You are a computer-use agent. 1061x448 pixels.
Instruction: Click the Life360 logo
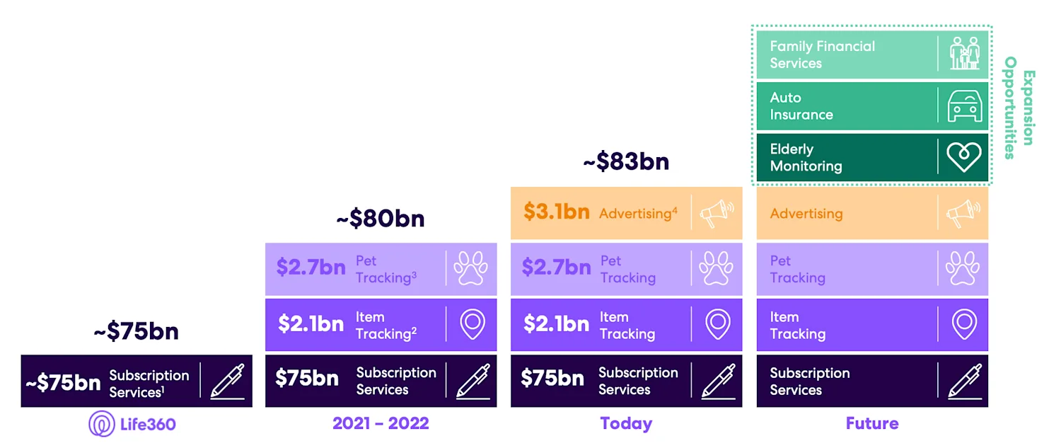132,424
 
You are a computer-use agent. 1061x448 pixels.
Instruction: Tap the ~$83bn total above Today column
625,161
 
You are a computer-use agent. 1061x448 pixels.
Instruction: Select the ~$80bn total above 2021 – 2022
381,219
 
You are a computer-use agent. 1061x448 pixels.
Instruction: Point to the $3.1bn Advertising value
557,212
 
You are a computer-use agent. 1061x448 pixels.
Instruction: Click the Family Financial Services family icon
964,54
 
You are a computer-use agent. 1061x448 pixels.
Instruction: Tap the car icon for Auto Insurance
964,106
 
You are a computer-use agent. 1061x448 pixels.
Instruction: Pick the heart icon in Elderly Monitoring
964,158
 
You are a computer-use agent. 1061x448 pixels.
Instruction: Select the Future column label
872,424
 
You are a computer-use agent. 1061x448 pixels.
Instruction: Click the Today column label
626,424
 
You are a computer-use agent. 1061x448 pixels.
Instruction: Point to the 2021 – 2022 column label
381,424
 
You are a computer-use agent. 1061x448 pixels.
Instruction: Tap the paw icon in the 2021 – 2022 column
471,269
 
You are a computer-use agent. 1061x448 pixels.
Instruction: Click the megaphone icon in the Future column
964,213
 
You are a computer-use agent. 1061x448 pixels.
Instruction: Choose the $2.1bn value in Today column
556,324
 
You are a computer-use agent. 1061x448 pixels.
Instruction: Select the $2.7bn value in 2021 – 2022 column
311,268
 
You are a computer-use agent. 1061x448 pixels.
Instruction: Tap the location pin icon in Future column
964,324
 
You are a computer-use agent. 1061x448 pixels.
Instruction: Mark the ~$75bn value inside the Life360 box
63,384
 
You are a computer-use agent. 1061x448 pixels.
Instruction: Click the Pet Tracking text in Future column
797,270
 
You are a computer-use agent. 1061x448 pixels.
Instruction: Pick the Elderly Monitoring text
806,158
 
